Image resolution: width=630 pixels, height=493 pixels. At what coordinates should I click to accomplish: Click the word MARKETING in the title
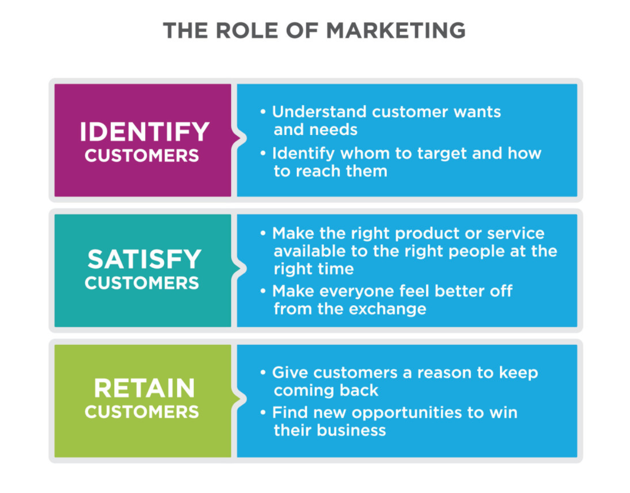(x=396, y=30)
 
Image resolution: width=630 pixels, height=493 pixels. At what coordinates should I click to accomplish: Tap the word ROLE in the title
(x=247, y=30)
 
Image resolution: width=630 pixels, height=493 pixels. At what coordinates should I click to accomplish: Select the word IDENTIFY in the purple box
(x=145, y=132)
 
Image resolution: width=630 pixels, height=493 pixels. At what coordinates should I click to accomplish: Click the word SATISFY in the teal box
(x=145, y=259)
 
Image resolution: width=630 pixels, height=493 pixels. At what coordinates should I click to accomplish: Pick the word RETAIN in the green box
(x=144, y=388)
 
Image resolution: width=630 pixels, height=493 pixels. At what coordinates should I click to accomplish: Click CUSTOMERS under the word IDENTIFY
(x=142, y=156)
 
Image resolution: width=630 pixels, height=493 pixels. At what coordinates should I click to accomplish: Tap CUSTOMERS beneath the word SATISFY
(x=142, y=283)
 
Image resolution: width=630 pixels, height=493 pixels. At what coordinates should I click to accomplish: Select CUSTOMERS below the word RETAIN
(x=142, y=412)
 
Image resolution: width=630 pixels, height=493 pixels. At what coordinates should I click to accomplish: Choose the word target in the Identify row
(x=441, y=154)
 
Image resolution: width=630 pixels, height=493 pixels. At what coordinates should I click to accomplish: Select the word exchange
(x=388, y=309)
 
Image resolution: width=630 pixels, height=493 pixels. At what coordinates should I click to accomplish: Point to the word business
(x=352, y=430)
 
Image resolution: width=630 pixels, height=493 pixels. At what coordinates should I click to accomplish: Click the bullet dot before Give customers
(x=263, y=373)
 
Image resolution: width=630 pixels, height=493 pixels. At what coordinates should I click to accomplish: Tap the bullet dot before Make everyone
(x=263, y=291)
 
